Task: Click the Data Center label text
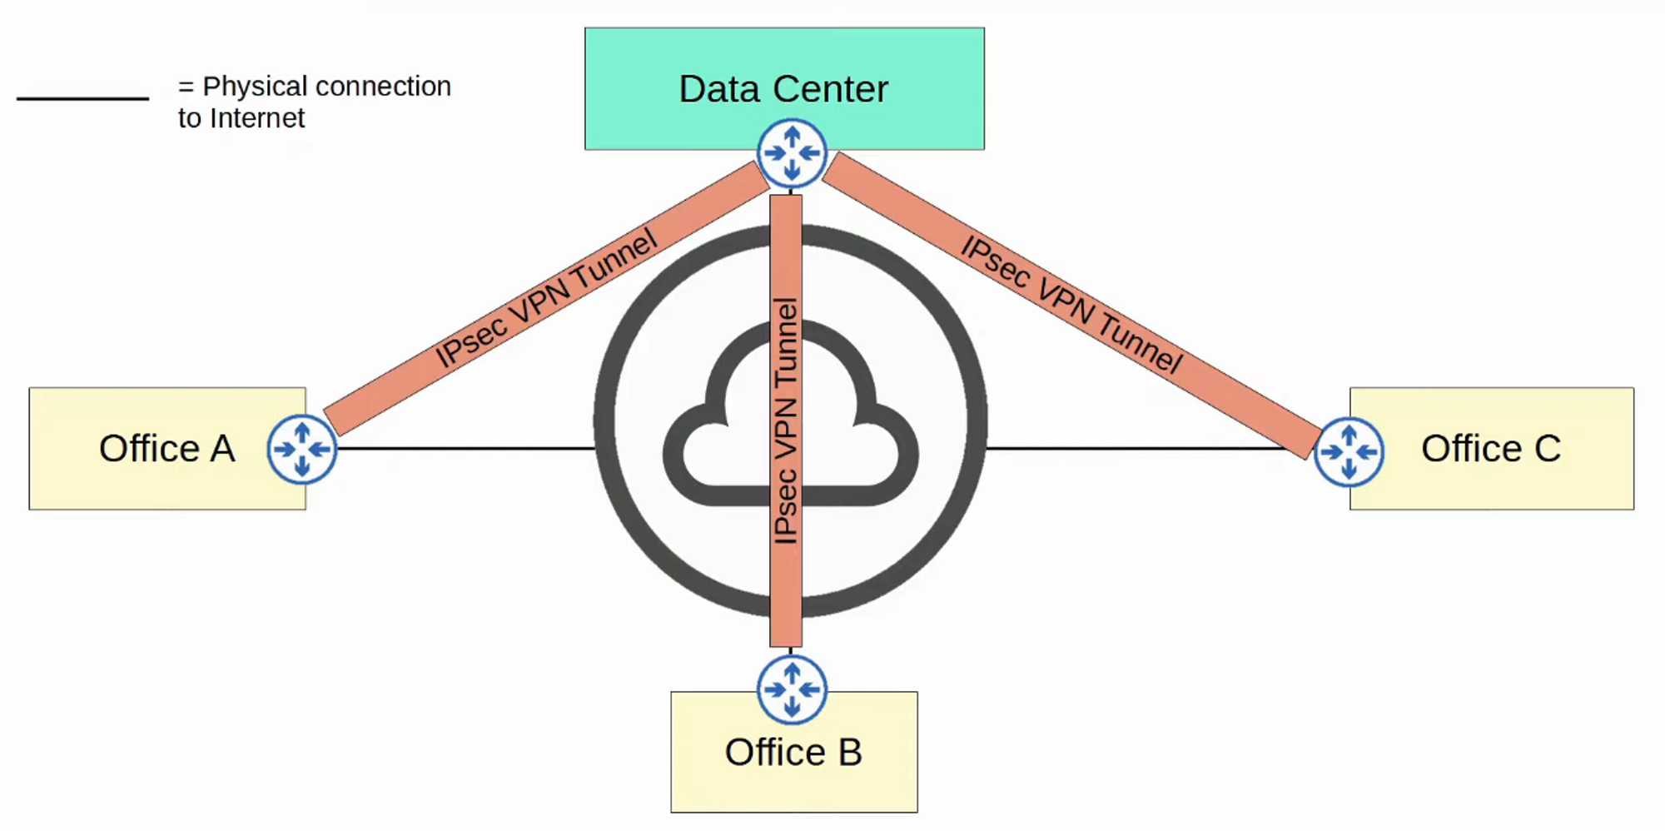783,89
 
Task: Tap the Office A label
166,449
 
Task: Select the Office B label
793,753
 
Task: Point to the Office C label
1490,449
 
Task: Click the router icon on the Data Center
792,153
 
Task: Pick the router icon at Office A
302,450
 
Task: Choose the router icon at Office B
792,689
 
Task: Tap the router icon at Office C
1349,452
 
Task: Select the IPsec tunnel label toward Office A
546,298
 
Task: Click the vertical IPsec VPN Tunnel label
786,420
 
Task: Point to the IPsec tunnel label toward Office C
1071,305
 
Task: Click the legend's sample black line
82,99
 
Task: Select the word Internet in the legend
257,118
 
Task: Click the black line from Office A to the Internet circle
466,449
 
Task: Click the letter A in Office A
222,449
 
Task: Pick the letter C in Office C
1547,449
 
